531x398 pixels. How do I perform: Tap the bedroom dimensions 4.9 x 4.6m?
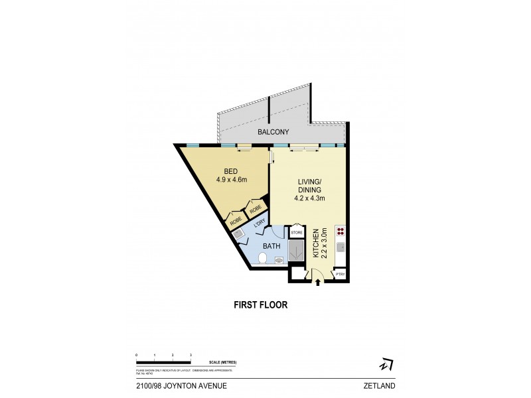coord(232,179)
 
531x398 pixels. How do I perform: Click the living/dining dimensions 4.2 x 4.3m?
coord(310,198)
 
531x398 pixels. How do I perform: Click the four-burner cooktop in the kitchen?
coord(341,232)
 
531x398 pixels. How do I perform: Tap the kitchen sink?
coord(341,247)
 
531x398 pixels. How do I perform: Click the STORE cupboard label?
coord(297,233)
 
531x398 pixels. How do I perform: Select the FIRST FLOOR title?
coord(260,306)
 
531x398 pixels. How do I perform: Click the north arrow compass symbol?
coord(386,364)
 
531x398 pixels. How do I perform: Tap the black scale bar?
coord(163,362)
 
